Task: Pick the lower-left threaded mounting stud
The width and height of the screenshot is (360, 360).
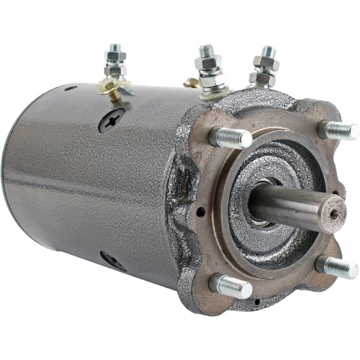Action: coord(232,286)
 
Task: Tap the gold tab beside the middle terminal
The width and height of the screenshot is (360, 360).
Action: coord(190,84)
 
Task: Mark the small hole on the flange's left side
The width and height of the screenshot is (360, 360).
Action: coord(199,212)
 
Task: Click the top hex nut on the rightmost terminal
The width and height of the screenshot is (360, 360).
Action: coord(266,66)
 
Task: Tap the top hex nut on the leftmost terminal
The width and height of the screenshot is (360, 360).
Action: coord(115,56)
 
